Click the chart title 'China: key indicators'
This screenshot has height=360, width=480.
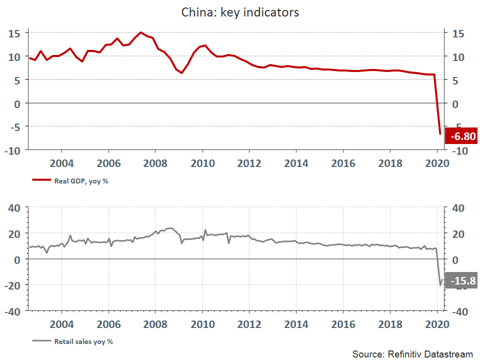tap(240, 12)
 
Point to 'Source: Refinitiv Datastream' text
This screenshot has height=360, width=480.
tap(412, 354)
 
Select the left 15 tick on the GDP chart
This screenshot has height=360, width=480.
tap(14, 33)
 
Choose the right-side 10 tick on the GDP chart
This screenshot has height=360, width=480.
tap(457, 56)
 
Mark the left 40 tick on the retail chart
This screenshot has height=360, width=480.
tap(14, 207)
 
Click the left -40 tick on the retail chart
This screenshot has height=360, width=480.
tap(12, 311)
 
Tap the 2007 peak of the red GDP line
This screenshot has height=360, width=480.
tap(141, 32)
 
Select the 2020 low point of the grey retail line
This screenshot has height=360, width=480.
tap(440, 285)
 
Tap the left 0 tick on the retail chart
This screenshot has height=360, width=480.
tap(17, 259)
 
